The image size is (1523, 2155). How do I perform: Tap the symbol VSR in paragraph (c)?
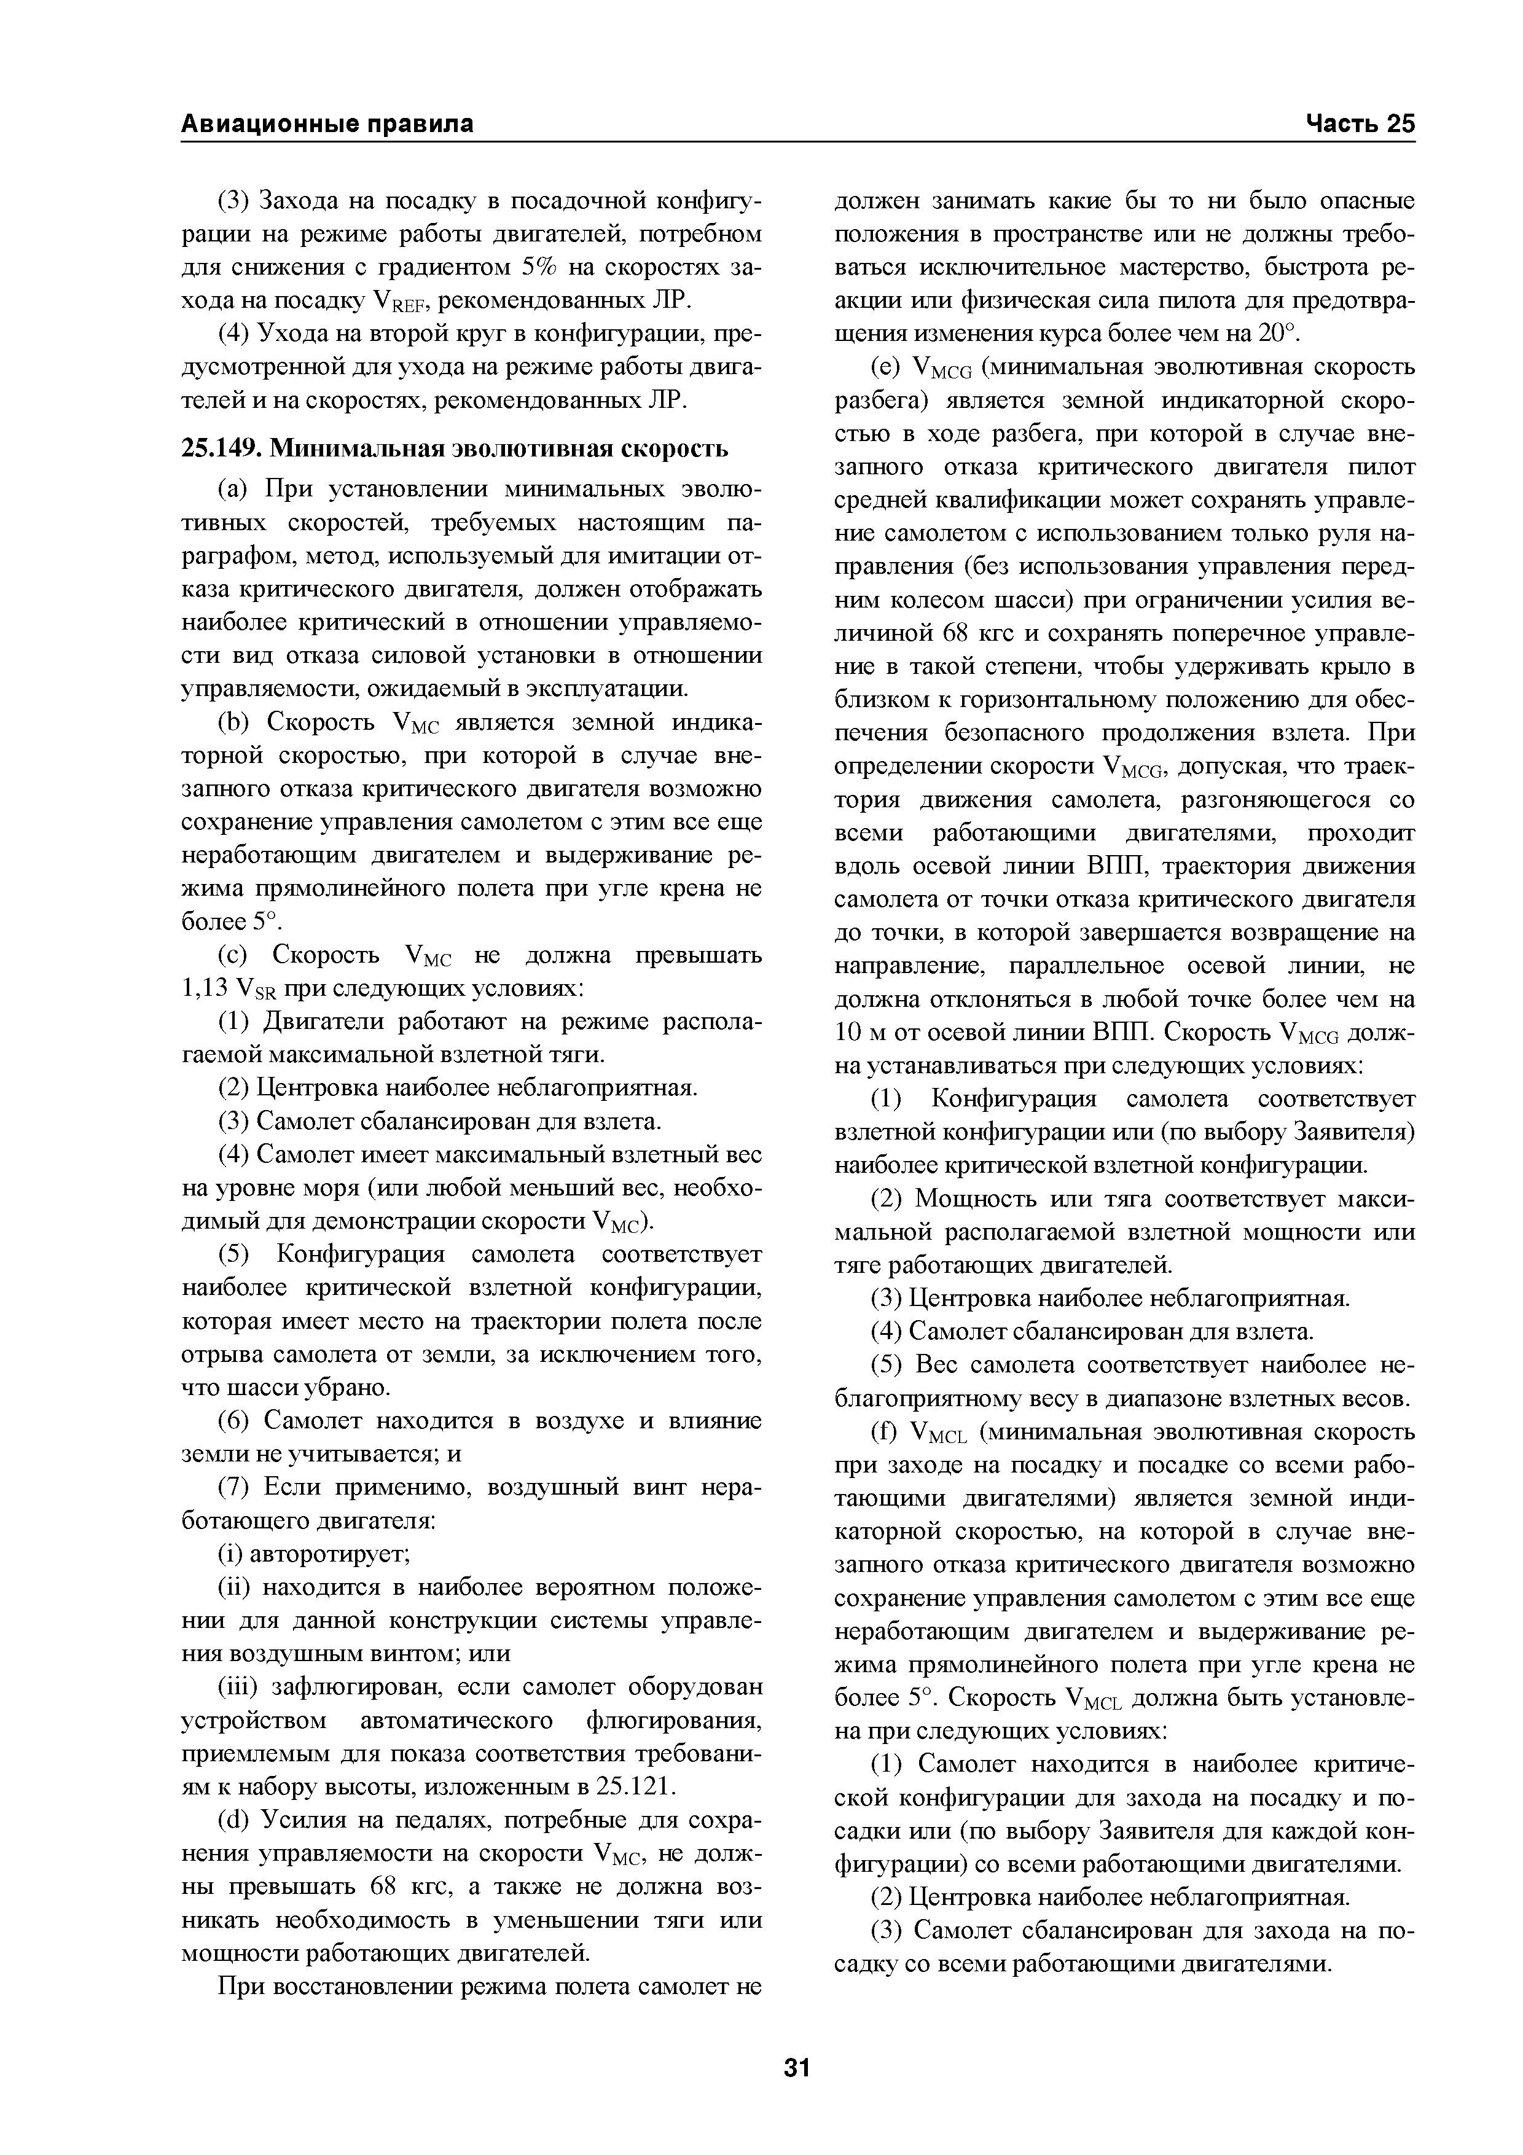(257, 990)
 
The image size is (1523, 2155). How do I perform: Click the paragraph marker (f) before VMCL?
(885, 1433)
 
